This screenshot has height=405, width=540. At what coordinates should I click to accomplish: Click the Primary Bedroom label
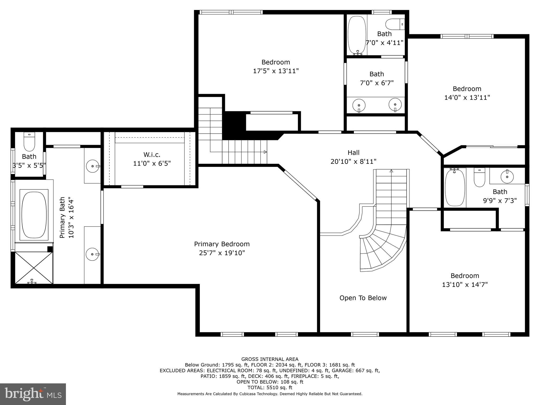[x=222, y=244]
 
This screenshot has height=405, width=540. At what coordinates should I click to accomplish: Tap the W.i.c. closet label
[x=152, y=155]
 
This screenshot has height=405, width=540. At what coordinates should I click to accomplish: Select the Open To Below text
[x=363, y=298]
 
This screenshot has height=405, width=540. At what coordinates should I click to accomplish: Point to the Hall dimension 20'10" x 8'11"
[x=353, y=161]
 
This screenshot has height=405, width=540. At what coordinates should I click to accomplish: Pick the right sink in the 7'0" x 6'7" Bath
[x=395, y=105]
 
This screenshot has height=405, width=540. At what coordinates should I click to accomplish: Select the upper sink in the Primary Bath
[x=93, y=166]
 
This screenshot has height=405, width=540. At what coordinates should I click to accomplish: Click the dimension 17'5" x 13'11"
[x=276, y=71]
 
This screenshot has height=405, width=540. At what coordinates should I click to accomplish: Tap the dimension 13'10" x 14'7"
[x=465, y=285]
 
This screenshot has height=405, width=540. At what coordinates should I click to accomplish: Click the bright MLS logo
[x=33, y=394]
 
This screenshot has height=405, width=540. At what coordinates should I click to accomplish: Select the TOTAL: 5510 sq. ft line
[x=270, y=388]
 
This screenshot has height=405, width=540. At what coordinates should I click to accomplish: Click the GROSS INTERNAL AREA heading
[x=270, y=359]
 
